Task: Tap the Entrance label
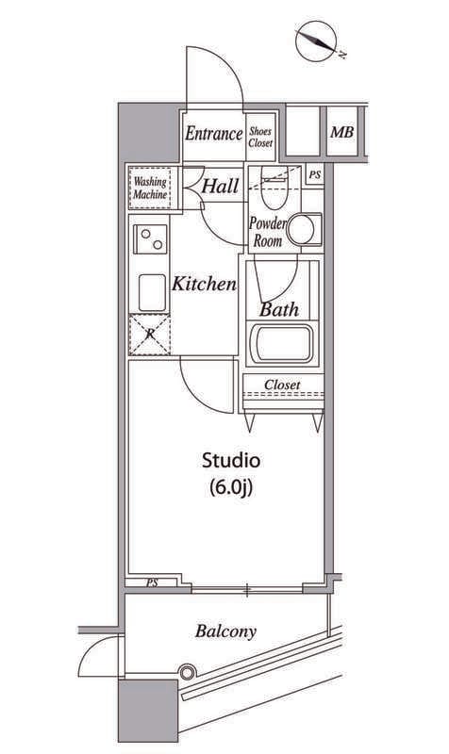(x=214, y=134)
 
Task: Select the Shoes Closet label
(x=260, y=137)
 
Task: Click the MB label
(x=341, y=132)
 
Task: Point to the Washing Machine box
(x=150, y=188)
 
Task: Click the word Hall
(x=221, y=186)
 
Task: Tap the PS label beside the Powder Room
(x=315, y=175)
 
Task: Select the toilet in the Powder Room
(x=274, y=187)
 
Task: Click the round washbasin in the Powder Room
(x=301, y=230)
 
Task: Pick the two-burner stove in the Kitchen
(x=150, y=239)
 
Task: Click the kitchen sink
(x=153, y=293)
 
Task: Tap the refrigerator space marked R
(x=150, y=335)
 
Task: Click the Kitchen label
(x=205, y=284)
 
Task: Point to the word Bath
(x=279, y=310)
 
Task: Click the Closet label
(x=282, y=385)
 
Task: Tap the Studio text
(x=231, y=460)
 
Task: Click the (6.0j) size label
(x=231, y=487)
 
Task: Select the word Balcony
(x=225, y=631)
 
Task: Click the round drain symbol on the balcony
(x=187, y=672)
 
